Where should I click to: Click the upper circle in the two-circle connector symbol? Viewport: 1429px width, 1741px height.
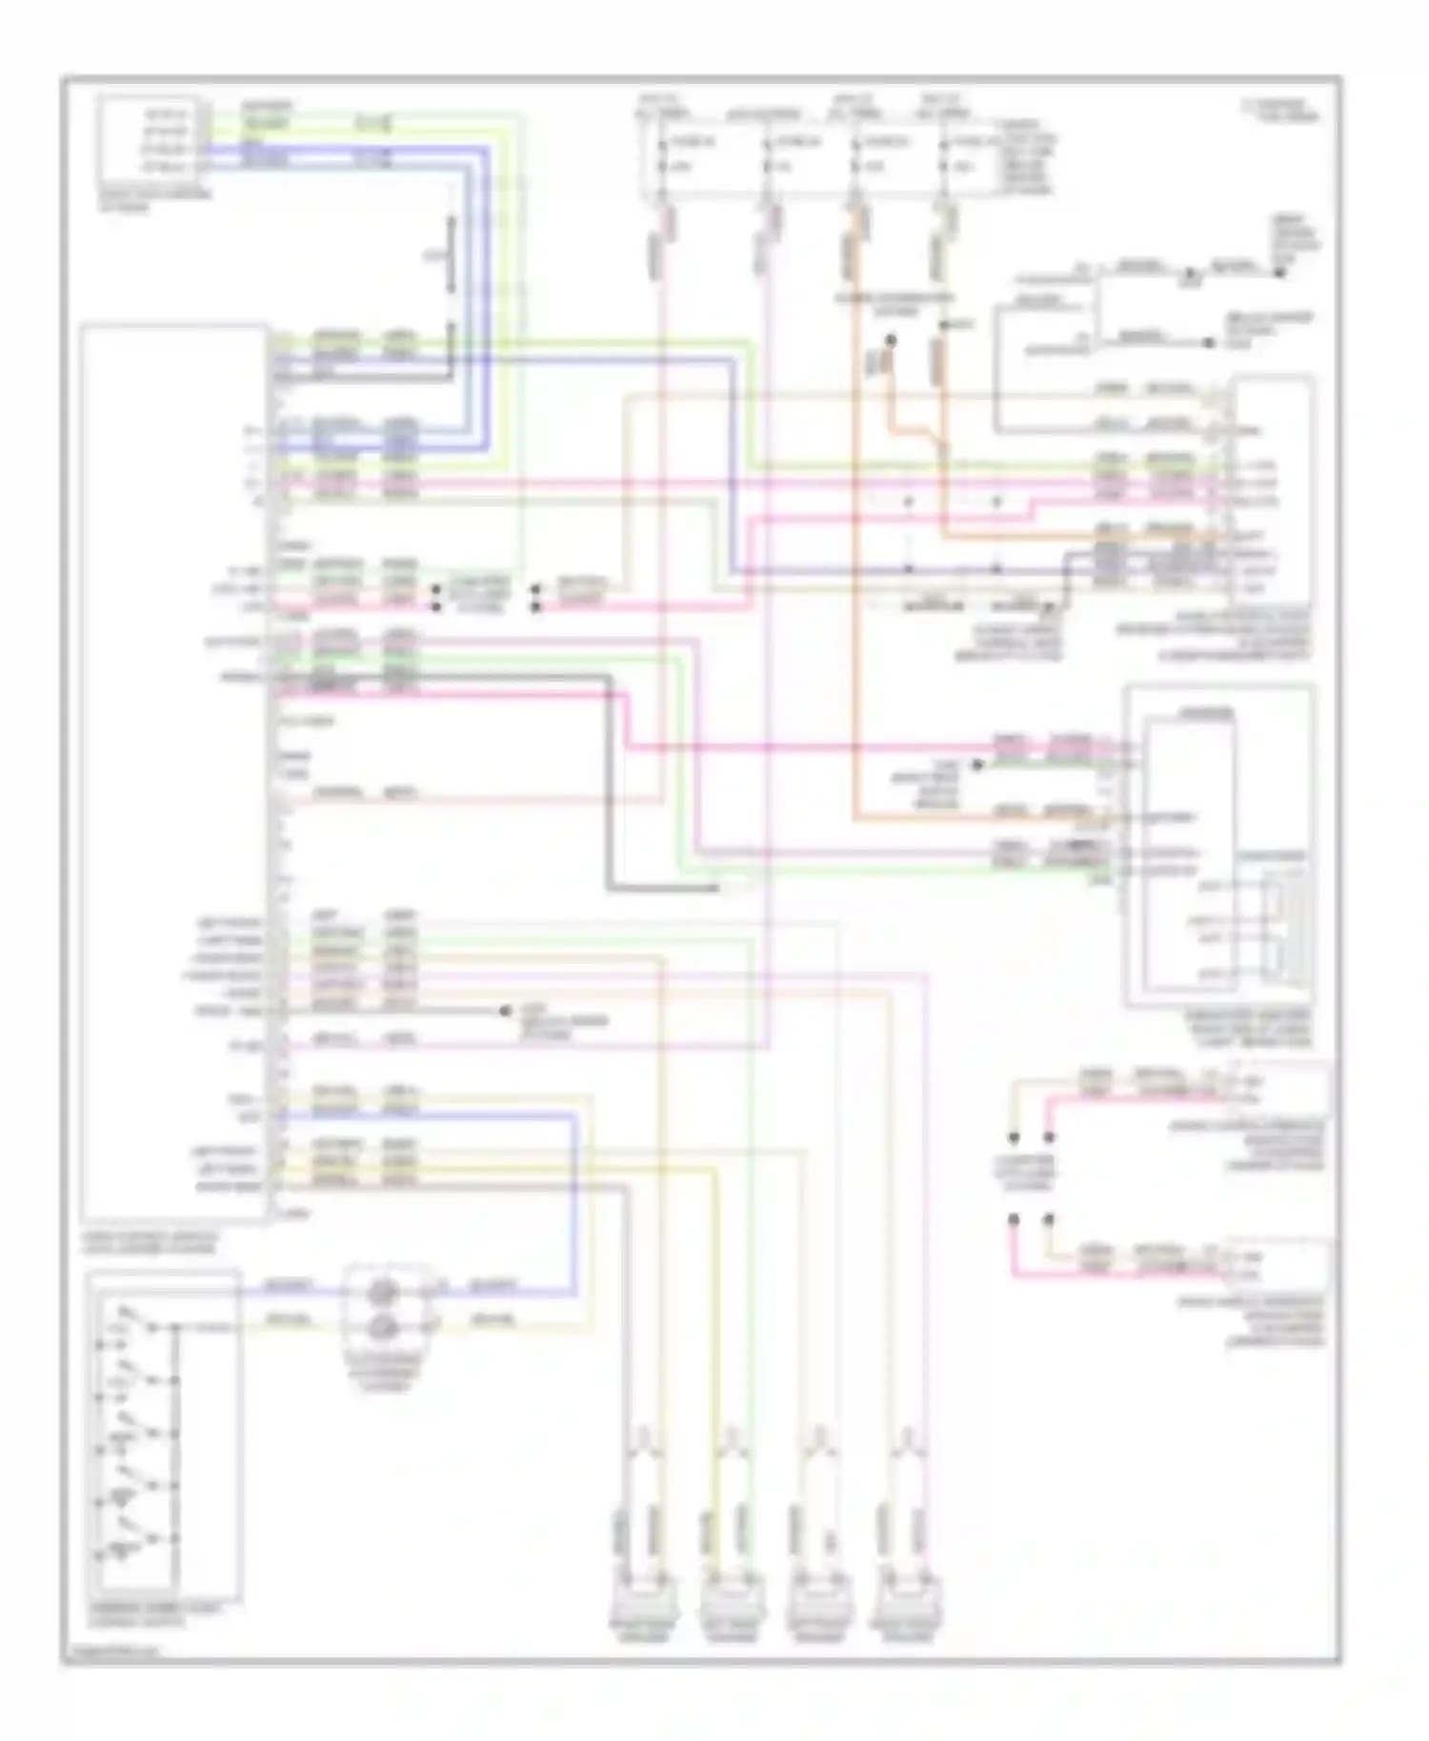383,1291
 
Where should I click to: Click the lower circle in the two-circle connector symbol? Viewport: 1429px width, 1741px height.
383,1325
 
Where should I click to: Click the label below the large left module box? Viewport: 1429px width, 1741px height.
149,1242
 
